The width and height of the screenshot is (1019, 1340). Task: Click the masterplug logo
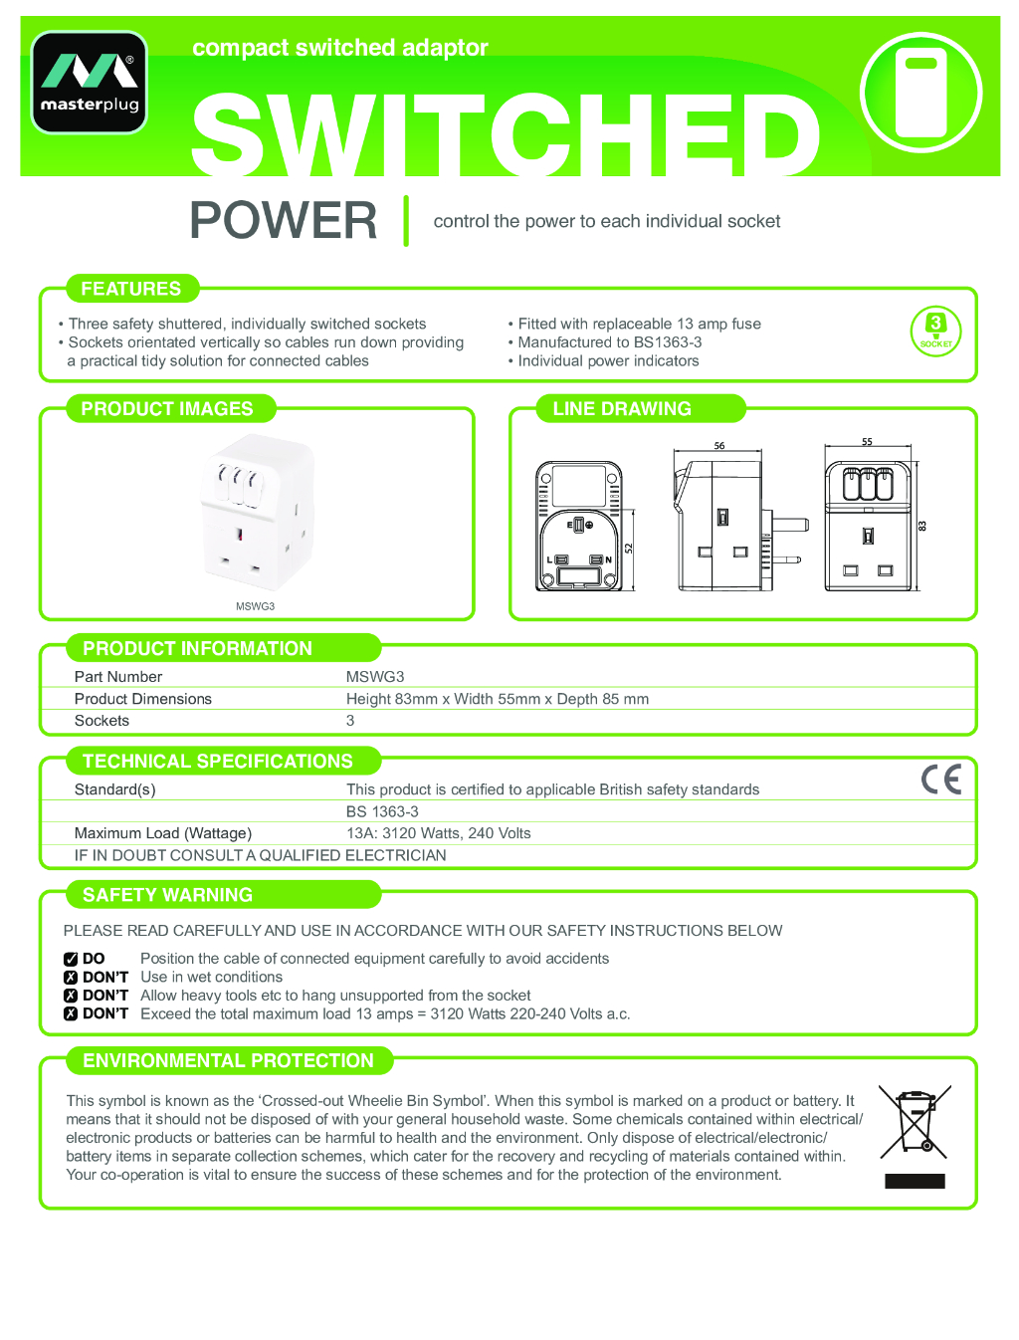pyautogui.click(x=90, y=82)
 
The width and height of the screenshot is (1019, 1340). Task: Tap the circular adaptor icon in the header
pyautogui.click(x=920, y=92)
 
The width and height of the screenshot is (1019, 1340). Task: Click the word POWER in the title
pyautogui.click(x=284, y=220)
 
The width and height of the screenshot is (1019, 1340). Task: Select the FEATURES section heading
pyautogui.click(x=131, y=289)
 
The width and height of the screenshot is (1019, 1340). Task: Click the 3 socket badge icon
pyautogui.click(x=935, y=331)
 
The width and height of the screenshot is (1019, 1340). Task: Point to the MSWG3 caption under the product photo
pyautogui.click(x=255, y=606)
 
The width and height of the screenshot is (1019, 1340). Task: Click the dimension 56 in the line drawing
pyautogui.click(x=719, y=446)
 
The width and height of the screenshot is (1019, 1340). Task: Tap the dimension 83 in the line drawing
pyautogui.click(x=921, y=526)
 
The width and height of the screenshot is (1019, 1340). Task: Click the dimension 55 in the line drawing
pyautogui.click(x=867, y=442)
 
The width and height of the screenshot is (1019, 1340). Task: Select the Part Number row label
pyautogui.click(x=118, y=677)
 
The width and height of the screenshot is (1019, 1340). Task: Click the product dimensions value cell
pyautogui.click(x=498, y=699)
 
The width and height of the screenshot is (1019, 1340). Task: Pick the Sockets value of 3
pyautogui.click(x=350, y=721)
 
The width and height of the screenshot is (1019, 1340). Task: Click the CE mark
pyautogui.click(x=940, y=779)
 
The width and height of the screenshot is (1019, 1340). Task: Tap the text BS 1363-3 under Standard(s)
pyautogui.click(x=382, y=811)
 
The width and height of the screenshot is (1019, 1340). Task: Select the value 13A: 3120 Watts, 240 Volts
pyautogui.click(x=439, y=833)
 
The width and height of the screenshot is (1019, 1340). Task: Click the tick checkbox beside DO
pyautogui.click(x=71, y=959)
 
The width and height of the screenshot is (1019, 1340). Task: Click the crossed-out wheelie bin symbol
pyautogui.click(x=916, y=1122)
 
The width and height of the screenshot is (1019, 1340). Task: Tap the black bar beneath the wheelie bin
pyautogui.click(x=915, y=1181)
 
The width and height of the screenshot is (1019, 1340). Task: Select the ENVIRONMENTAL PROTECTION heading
pyautogui.click(x=229, y=1061)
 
